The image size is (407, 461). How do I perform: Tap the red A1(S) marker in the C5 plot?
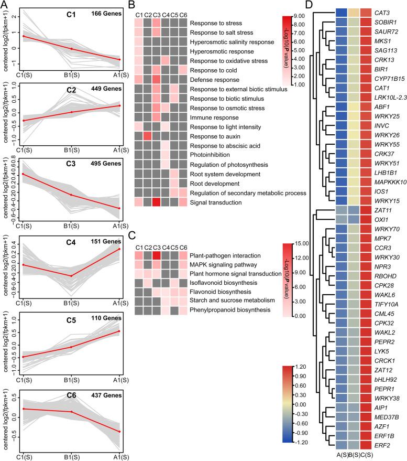point(120,331)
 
